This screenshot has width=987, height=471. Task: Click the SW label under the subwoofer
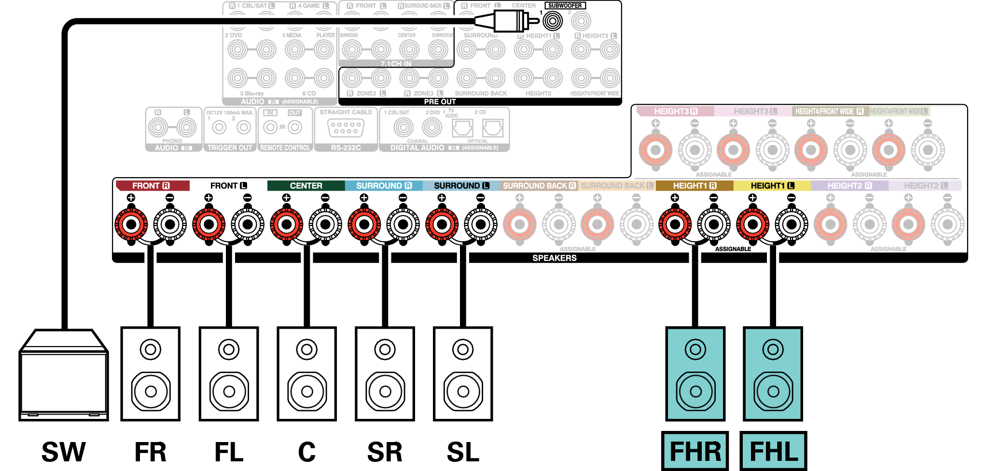click(64, 452)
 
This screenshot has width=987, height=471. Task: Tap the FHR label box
click(695, 451)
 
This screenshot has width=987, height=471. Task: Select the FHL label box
click(773, 451)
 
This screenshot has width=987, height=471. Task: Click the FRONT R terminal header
click(151, 186)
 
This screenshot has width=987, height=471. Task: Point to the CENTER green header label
click(306, 186)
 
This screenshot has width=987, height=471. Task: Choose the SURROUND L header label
click(461, 186)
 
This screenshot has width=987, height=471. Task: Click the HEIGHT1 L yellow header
click(772, 186)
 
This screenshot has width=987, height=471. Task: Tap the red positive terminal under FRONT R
click(131, 224)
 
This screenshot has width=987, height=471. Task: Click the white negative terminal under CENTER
click(325, 224)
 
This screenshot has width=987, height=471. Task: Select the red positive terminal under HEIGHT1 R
click(675, 224)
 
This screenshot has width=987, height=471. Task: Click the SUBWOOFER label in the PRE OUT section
click(565, 6)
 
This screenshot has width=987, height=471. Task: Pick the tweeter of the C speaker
click(307, 349)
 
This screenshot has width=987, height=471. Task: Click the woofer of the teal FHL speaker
click(773, 391)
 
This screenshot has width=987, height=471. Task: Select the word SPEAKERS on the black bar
click(555, 258)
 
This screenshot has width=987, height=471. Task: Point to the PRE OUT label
click(440, 102)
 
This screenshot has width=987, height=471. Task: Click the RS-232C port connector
click(346, 128)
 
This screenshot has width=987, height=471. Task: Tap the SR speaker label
click(385, 452)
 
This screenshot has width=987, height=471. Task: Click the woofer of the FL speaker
click(229, 391)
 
